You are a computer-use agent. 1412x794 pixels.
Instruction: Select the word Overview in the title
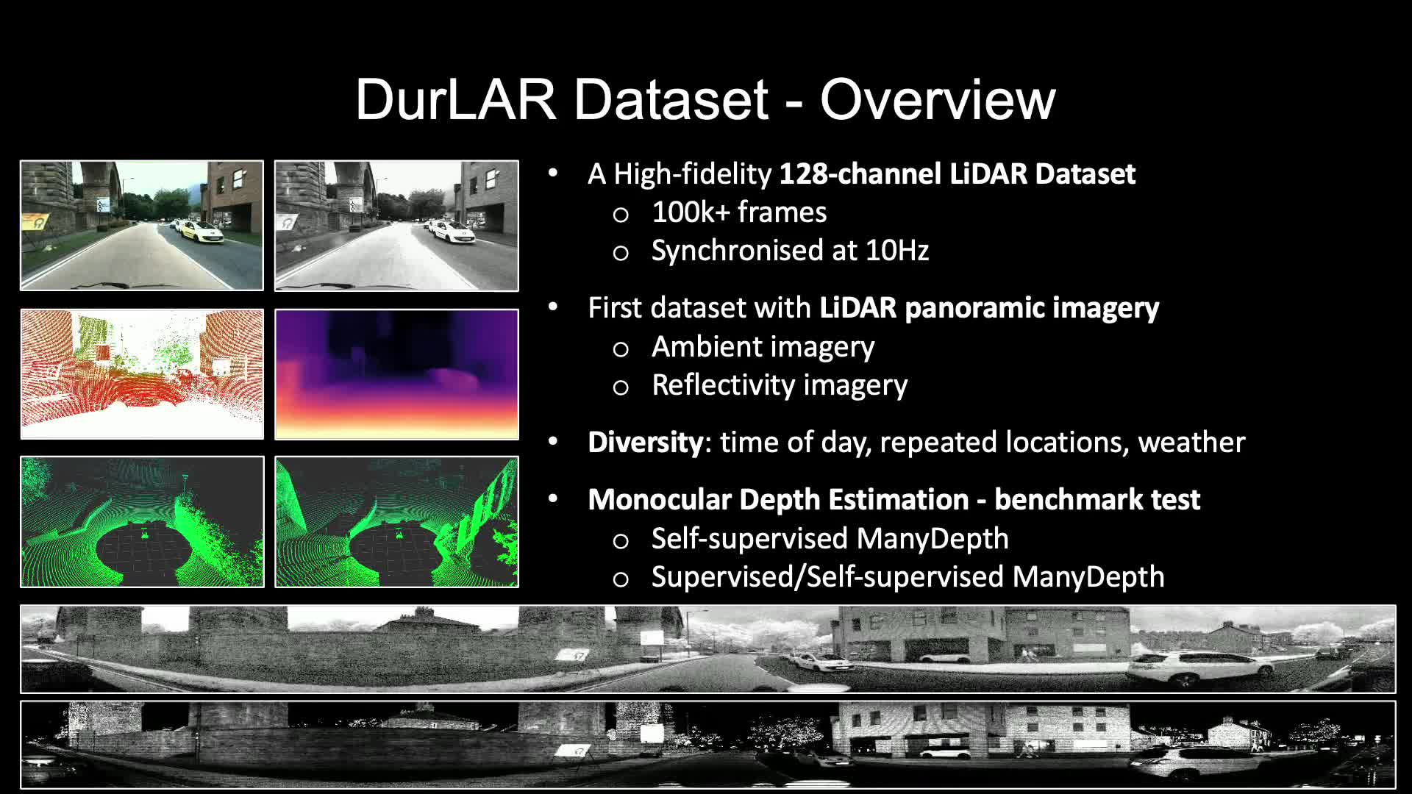click(x=938, y=99)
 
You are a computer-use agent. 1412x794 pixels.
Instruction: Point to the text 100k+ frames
click(x=739, y=212)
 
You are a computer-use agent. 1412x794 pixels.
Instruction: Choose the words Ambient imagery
click(x=763, y=347)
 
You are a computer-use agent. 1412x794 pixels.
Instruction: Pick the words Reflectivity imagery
click(x=780, y=385)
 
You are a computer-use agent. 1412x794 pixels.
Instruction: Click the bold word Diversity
click(x=646, y=443)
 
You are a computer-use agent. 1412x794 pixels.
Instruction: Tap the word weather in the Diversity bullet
click(x=1191, y=443)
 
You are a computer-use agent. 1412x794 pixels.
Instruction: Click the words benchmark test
click(x=1097, y=500)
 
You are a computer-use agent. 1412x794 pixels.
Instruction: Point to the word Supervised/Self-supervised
click(x=827, y=577)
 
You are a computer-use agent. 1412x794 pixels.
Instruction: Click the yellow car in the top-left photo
click(x=201, y=232)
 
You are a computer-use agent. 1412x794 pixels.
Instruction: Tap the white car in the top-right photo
click(x=454, y=232)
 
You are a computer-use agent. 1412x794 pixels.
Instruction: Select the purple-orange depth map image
click(x=396, y=374)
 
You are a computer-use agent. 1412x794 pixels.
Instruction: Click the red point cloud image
click(x=142, y=374)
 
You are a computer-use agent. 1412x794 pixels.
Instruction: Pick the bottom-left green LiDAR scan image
click(x=142, y=522)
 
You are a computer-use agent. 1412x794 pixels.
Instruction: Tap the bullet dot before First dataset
click(x=553, y=308)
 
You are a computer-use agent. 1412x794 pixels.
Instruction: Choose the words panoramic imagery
click(x=1032, y=308)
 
